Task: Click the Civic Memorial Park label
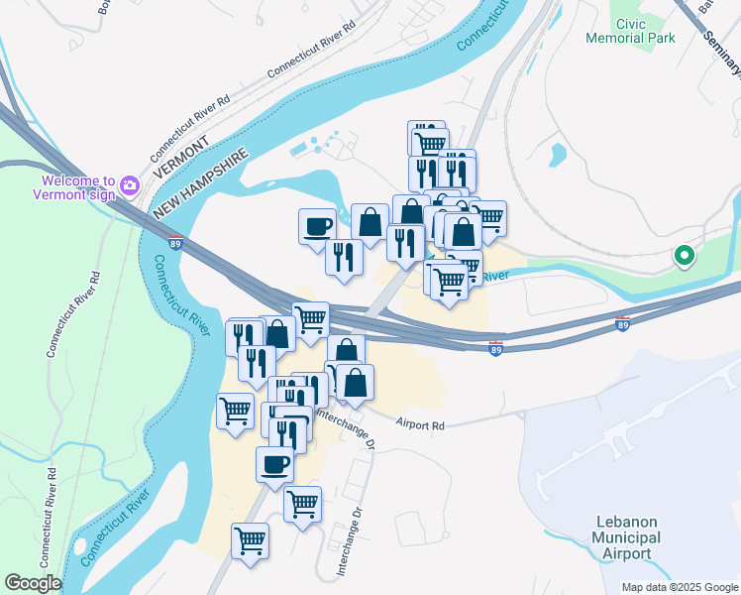(644, 30)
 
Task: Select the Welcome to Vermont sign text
(79, 188)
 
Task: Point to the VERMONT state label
(180, 159)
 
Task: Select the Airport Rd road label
(420, 424)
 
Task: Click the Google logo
(33, 583)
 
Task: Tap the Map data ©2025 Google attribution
(679, 587)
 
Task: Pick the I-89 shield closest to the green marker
(623, 325)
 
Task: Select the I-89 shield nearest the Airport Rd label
(495, 350)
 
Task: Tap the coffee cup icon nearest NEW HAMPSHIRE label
(317, 225)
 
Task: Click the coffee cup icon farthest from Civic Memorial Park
(274, 463)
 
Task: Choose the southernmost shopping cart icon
(249, 540)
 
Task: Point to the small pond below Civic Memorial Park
(558, 155)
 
